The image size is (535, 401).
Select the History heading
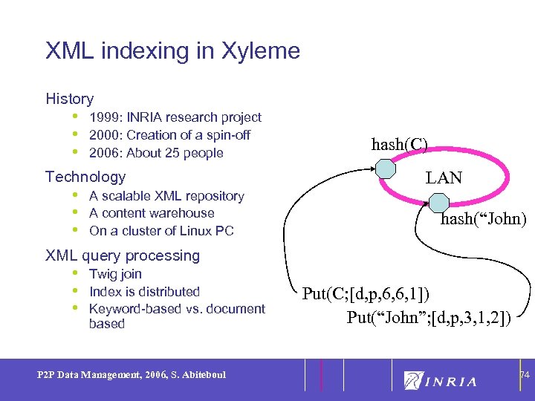69,99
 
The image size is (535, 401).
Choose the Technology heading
85,177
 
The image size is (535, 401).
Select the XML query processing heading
123,255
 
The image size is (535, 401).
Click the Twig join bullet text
115,274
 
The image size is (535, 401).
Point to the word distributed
167,292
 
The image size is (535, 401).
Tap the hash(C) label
399,145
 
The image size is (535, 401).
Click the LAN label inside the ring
444,178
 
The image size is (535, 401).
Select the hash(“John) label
483,219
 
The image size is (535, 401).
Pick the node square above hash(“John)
439,203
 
